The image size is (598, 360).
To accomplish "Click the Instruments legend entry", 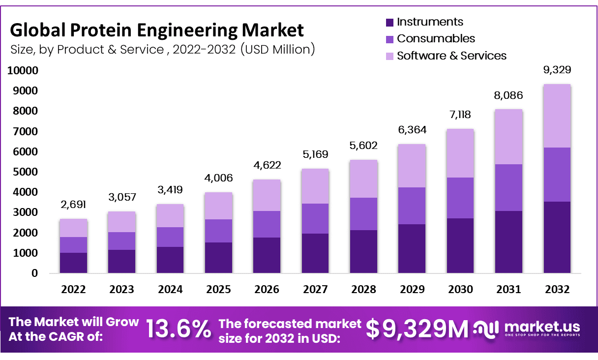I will [x=430, y=22].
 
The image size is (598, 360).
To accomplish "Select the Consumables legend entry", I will [x=436, y=39].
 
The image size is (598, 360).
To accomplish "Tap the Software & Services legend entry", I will [x=451, y=56].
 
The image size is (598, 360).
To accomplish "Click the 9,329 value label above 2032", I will [x=557, y=70].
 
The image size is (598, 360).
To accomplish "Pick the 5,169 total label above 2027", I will [x=315, y=155].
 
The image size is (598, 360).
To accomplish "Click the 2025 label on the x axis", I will [x=218, y=290].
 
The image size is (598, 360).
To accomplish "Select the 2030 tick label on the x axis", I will [x=460, y=290].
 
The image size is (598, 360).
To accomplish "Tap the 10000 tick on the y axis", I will [x=22, y=71].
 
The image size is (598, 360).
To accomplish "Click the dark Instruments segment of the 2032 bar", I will [x=557, y=237].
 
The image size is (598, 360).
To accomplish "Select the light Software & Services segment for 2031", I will [x=508, y=137].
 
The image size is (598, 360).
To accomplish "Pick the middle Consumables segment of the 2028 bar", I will [x=363, y=214].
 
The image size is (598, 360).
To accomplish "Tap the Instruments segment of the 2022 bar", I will [x=73, y=263].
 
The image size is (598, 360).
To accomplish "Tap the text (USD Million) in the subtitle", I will [x=277, y=50].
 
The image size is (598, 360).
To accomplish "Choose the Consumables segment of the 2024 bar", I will [x=170, y=237].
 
